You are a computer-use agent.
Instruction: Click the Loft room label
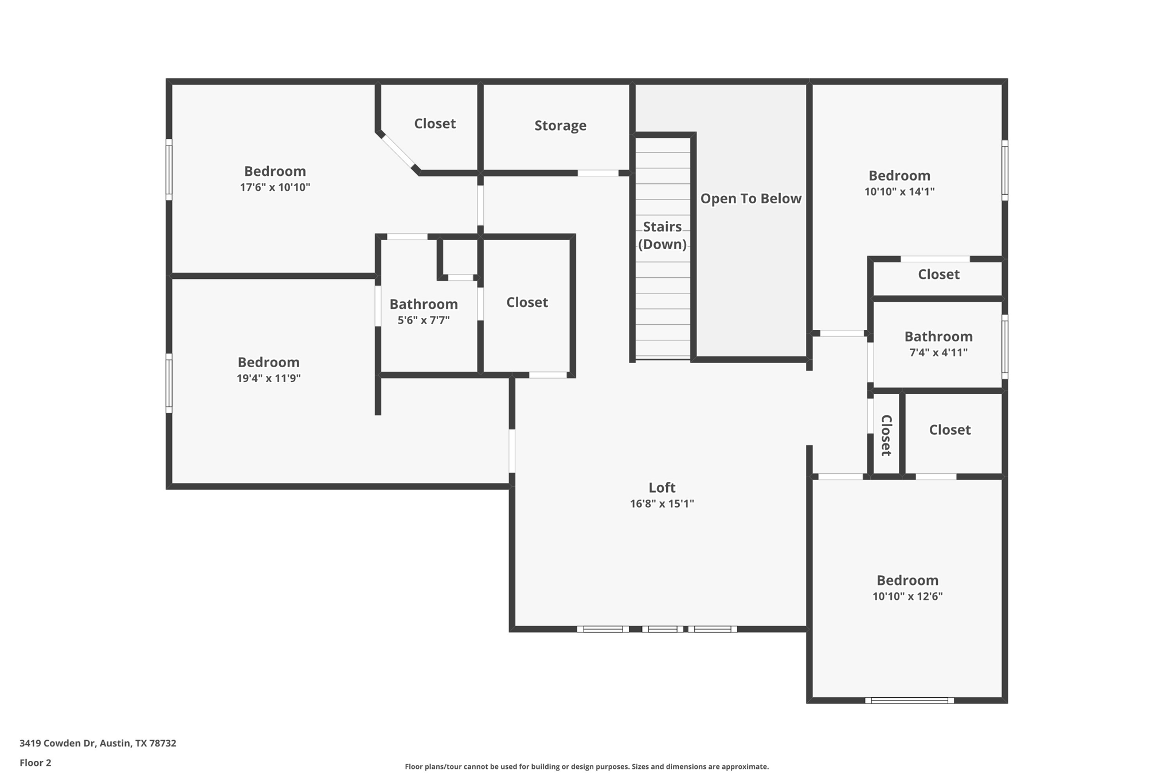[662, 488]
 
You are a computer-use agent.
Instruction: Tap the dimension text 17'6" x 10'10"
[275, 187]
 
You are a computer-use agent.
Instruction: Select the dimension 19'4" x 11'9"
[268, 378]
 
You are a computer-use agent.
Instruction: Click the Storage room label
[560, 125]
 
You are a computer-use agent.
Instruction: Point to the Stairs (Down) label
[662, 235]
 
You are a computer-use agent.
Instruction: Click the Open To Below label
[750, 199]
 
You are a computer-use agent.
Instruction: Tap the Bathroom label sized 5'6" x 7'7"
[424, 304]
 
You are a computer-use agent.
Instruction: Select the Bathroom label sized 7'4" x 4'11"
[938, 337]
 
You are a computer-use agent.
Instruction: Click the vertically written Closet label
[886, 435]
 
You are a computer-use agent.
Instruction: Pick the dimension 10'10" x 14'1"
[899, 192]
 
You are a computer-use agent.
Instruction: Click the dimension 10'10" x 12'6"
[907, 596]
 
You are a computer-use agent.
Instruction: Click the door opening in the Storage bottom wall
[597, 173]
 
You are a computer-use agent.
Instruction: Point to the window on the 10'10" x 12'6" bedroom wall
[909, 700]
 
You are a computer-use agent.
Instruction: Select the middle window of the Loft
[662, 629]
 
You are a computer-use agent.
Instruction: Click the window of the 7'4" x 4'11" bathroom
[1004, 347]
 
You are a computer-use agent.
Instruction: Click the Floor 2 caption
[35, 763]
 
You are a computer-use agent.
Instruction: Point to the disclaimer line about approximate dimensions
[586, 767]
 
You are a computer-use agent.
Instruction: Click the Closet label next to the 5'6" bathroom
[527, 302]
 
